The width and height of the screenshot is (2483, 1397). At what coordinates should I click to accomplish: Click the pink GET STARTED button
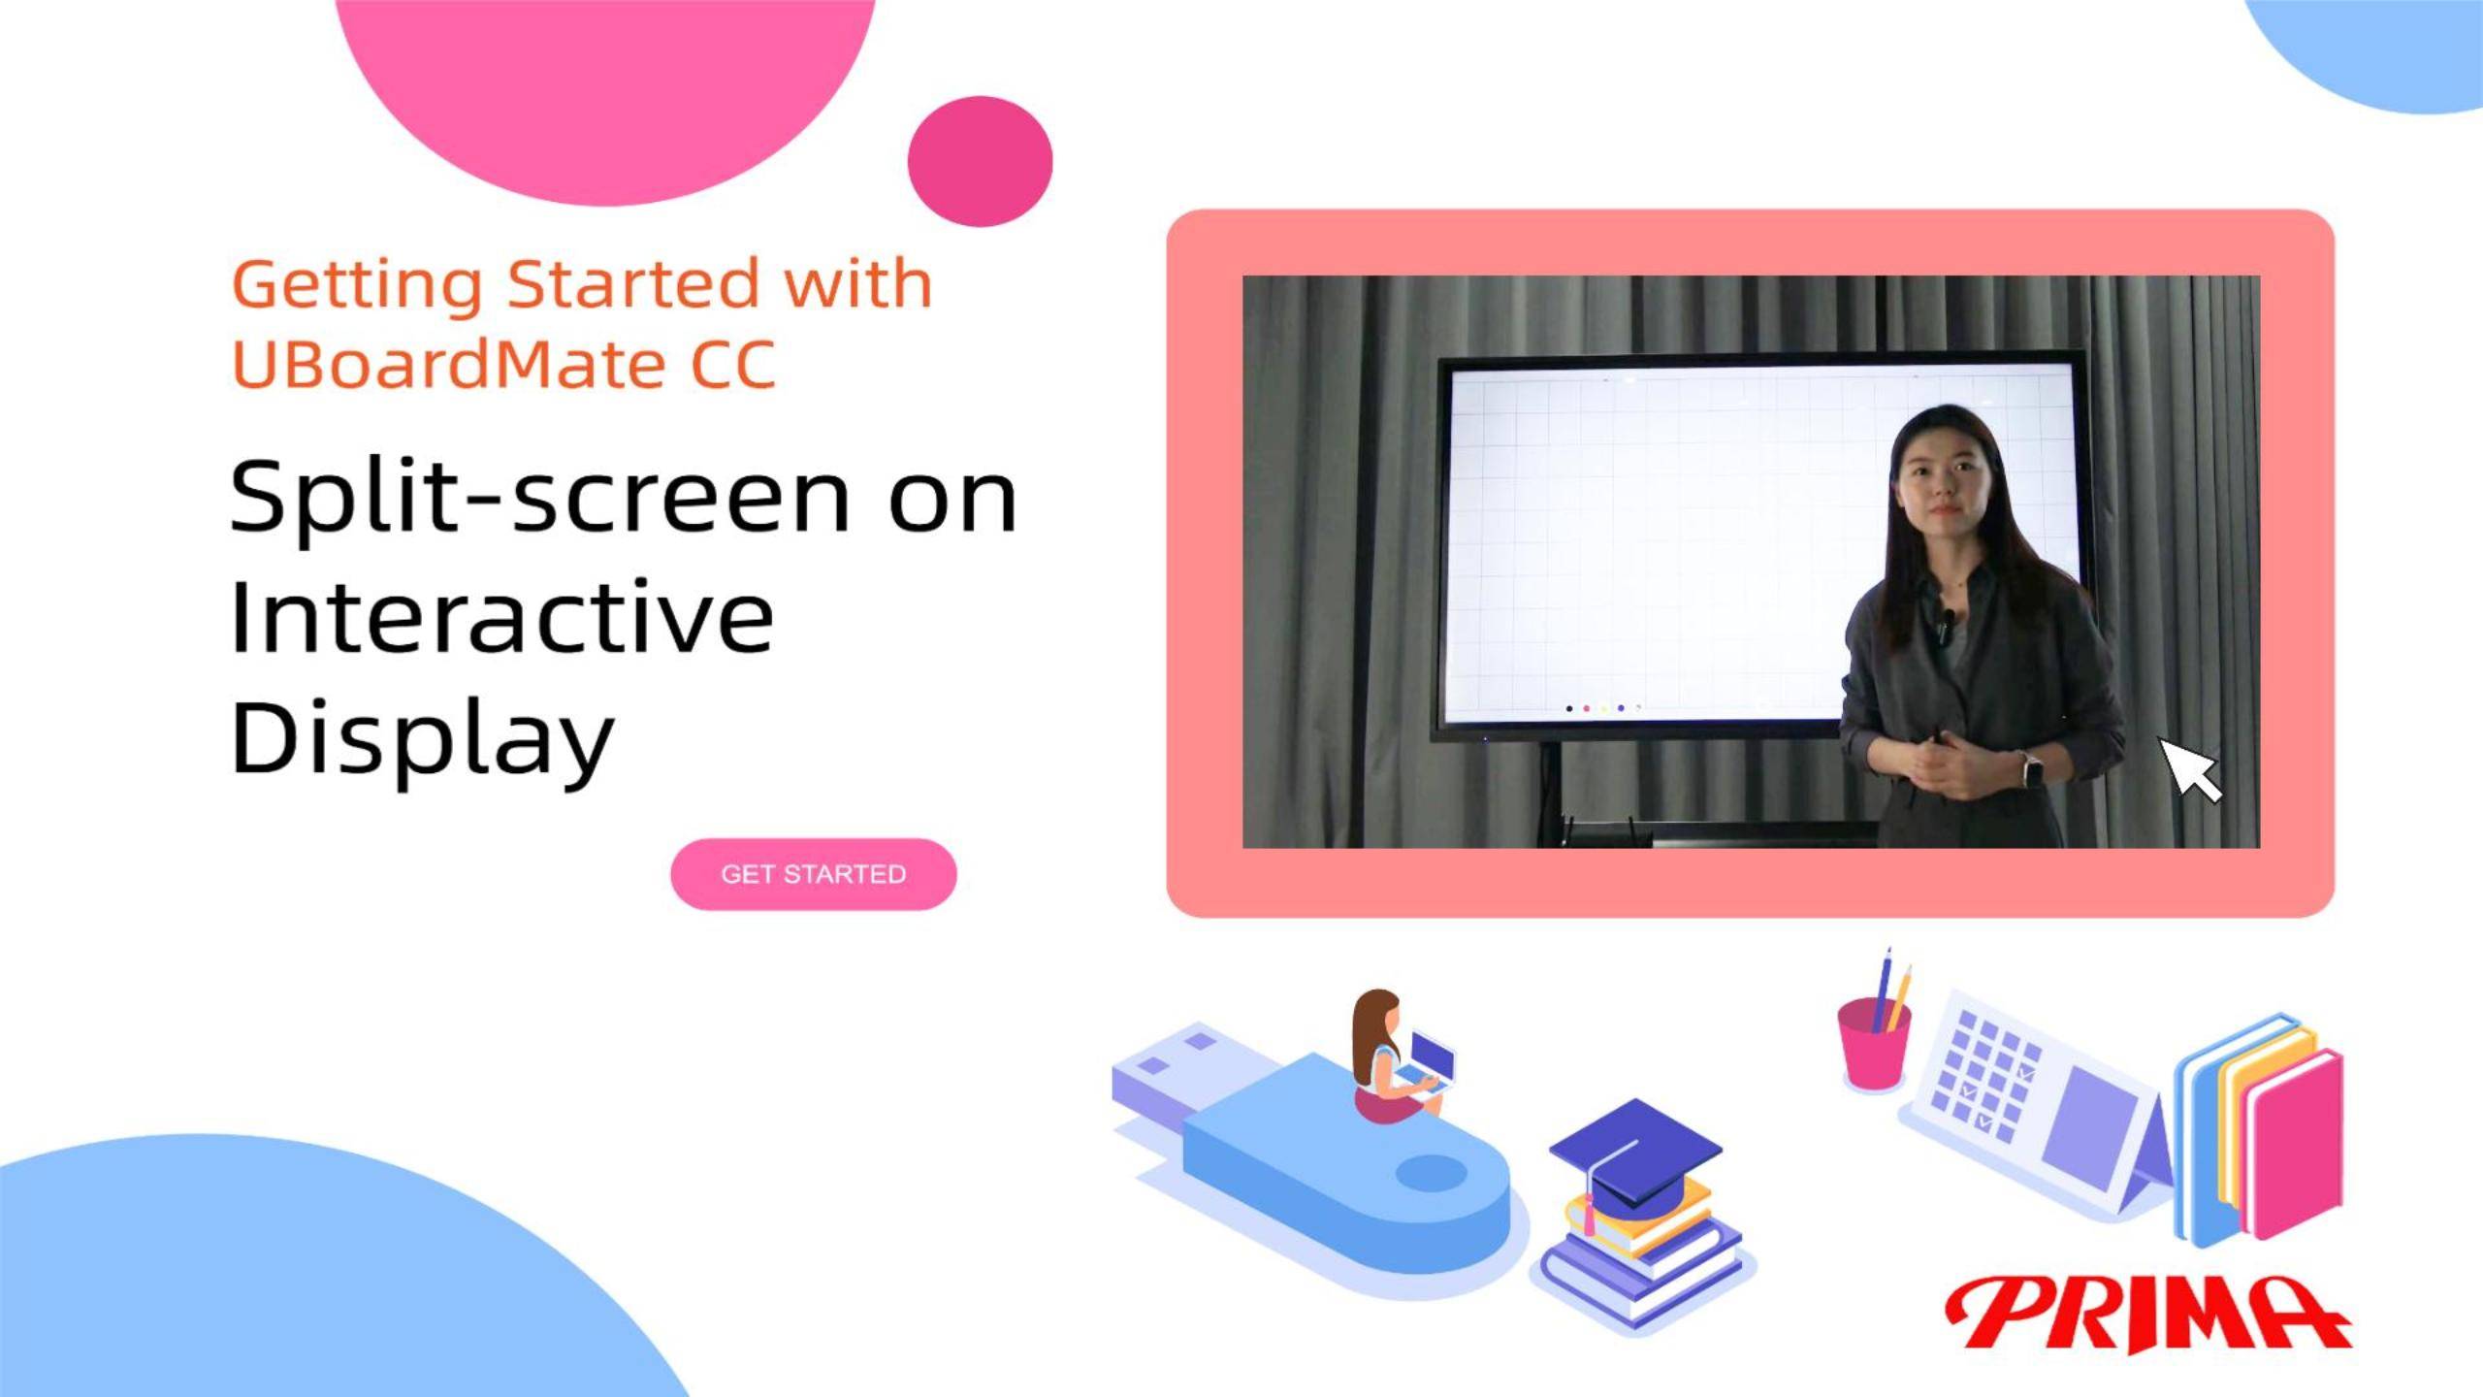tap(813, 874)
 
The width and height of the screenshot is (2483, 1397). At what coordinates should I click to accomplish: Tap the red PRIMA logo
tap(2146, 1314)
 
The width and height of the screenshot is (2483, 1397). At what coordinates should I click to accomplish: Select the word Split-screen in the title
tap(538, 498)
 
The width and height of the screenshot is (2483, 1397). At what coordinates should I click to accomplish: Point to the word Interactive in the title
tap(501, 617)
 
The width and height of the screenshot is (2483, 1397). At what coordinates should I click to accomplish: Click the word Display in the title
tap(422, 737)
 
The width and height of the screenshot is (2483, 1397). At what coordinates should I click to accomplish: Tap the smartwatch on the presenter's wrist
tap(2030, 771)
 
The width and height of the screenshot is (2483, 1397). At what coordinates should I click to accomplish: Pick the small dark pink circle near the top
tap(980, 161)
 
